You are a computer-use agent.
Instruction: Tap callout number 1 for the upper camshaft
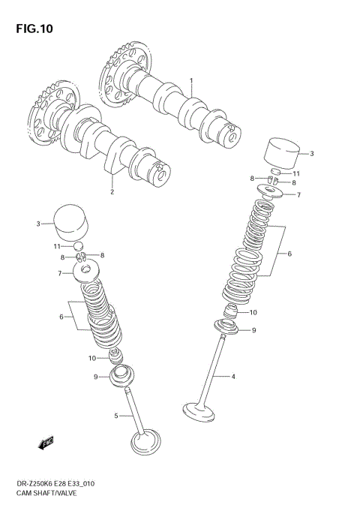191,80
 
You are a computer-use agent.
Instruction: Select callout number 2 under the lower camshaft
112,191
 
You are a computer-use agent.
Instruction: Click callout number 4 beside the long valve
233,376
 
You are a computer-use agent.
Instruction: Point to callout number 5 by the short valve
116,416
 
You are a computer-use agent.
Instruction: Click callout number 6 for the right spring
289,254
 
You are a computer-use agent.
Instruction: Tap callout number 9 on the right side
253,330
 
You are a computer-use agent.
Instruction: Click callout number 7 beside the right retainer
298,195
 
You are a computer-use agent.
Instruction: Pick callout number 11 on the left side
56,246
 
